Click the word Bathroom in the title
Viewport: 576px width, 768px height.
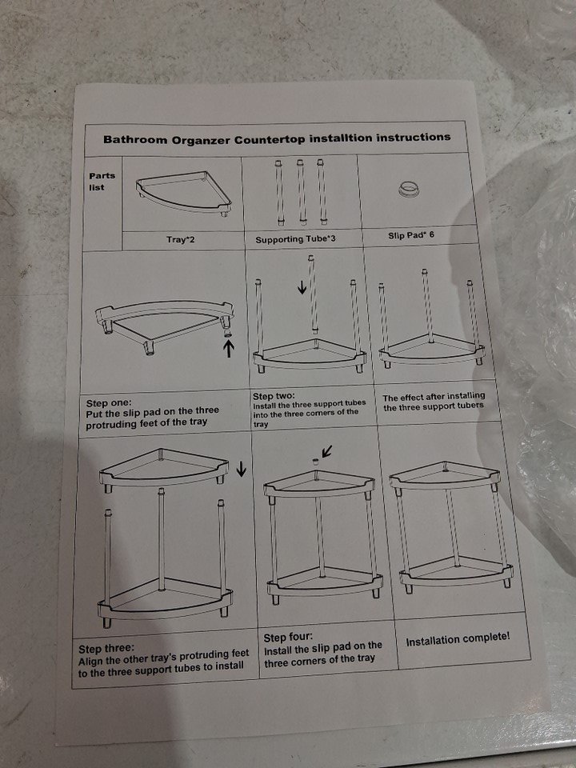[135, 139]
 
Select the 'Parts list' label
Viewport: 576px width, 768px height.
[102, 182]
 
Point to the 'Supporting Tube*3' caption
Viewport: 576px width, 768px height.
[295, 239]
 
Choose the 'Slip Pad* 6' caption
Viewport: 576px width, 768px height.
[411, 235]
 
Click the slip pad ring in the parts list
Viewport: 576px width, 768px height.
[410, 189]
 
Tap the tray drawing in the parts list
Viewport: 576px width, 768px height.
[183, 193]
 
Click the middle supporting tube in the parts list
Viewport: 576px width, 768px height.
[301, 192]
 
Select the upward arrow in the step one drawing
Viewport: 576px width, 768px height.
[229, 348]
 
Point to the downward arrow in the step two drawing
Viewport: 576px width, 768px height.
[302, 286]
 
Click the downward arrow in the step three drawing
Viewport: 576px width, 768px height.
[241, 469]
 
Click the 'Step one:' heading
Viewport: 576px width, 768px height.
[109, 403]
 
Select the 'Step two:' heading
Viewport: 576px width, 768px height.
[274, 396]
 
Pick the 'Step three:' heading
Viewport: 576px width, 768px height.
[106, 649]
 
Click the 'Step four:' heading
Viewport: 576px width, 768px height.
[288, 638]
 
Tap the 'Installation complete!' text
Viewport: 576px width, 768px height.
[458, 638]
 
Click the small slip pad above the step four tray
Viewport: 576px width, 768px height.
[315, 462]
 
